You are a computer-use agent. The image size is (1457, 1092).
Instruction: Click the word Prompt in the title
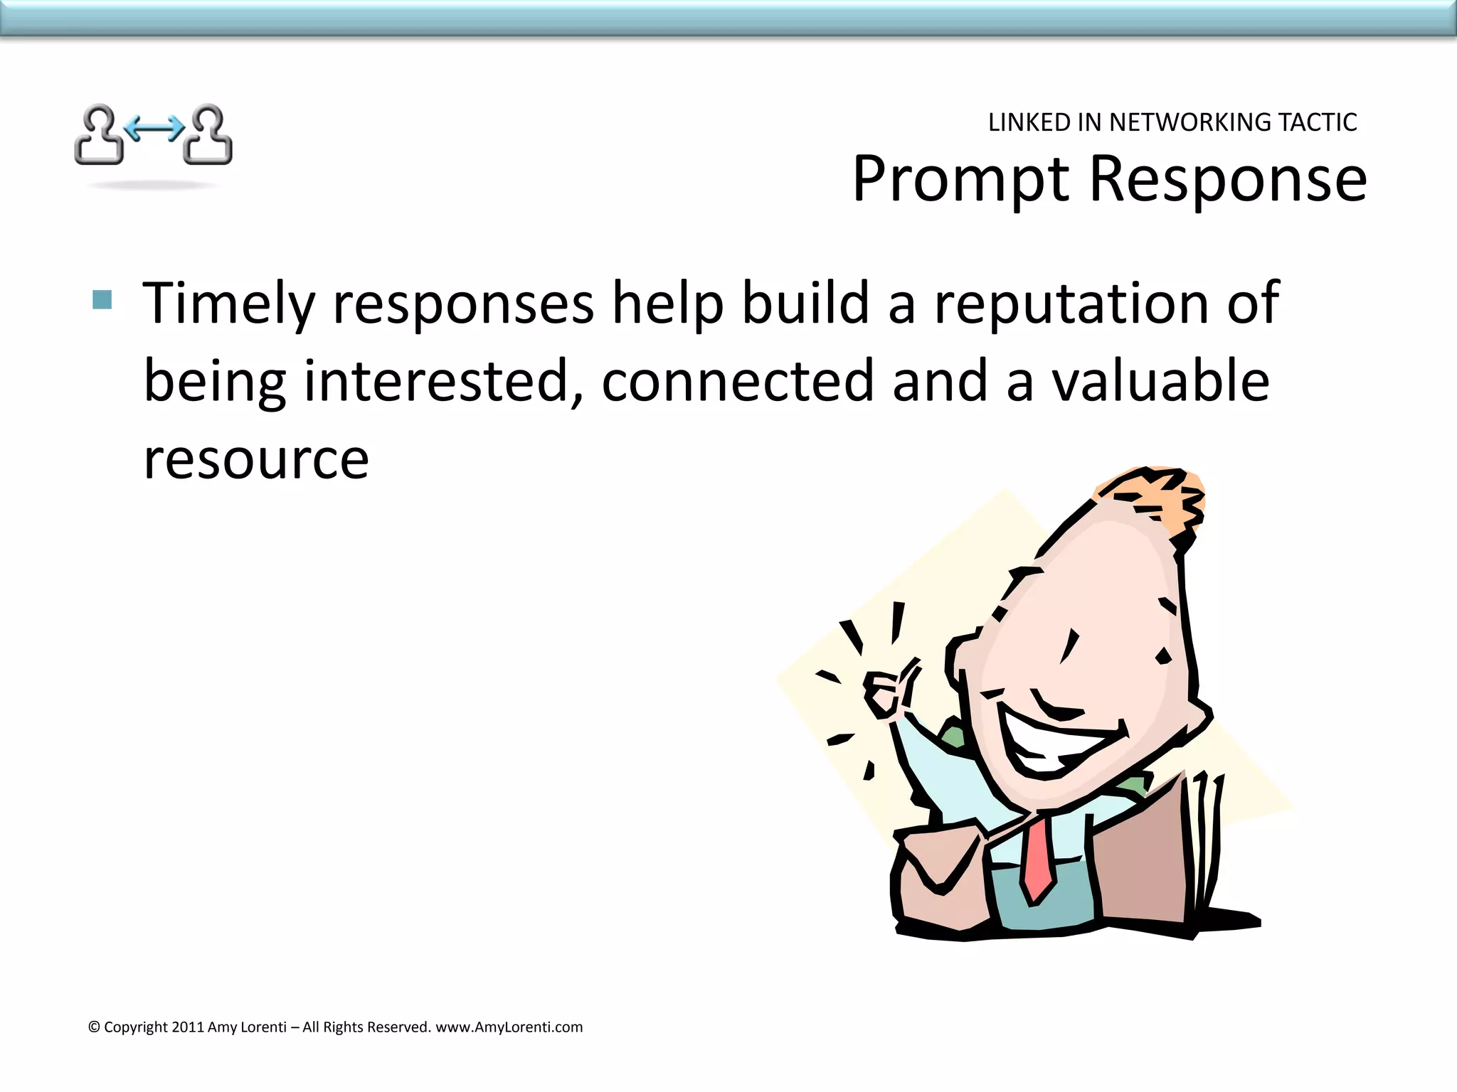click(x=960, y=179)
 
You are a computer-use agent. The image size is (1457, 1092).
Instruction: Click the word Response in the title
click(x=1228, y=179)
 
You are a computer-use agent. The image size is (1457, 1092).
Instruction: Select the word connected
click(x=737, y=381)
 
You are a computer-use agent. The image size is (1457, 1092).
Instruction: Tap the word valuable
click(x=1160, y=381)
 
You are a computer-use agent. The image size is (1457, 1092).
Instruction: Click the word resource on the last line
click(x=256, y=459)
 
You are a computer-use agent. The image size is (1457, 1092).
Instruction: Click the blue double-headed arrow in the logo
click(x=154, y=129)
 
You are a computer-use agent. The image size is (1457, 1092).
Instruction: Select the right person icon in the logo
click(x=208, y=135)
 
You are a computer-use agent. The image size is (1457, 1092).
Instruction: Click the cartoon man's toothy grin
click(x=1053, y=743)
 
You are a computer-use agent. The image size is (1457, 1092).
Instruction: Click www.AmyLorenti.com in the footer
click(x=509, y=1027)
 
